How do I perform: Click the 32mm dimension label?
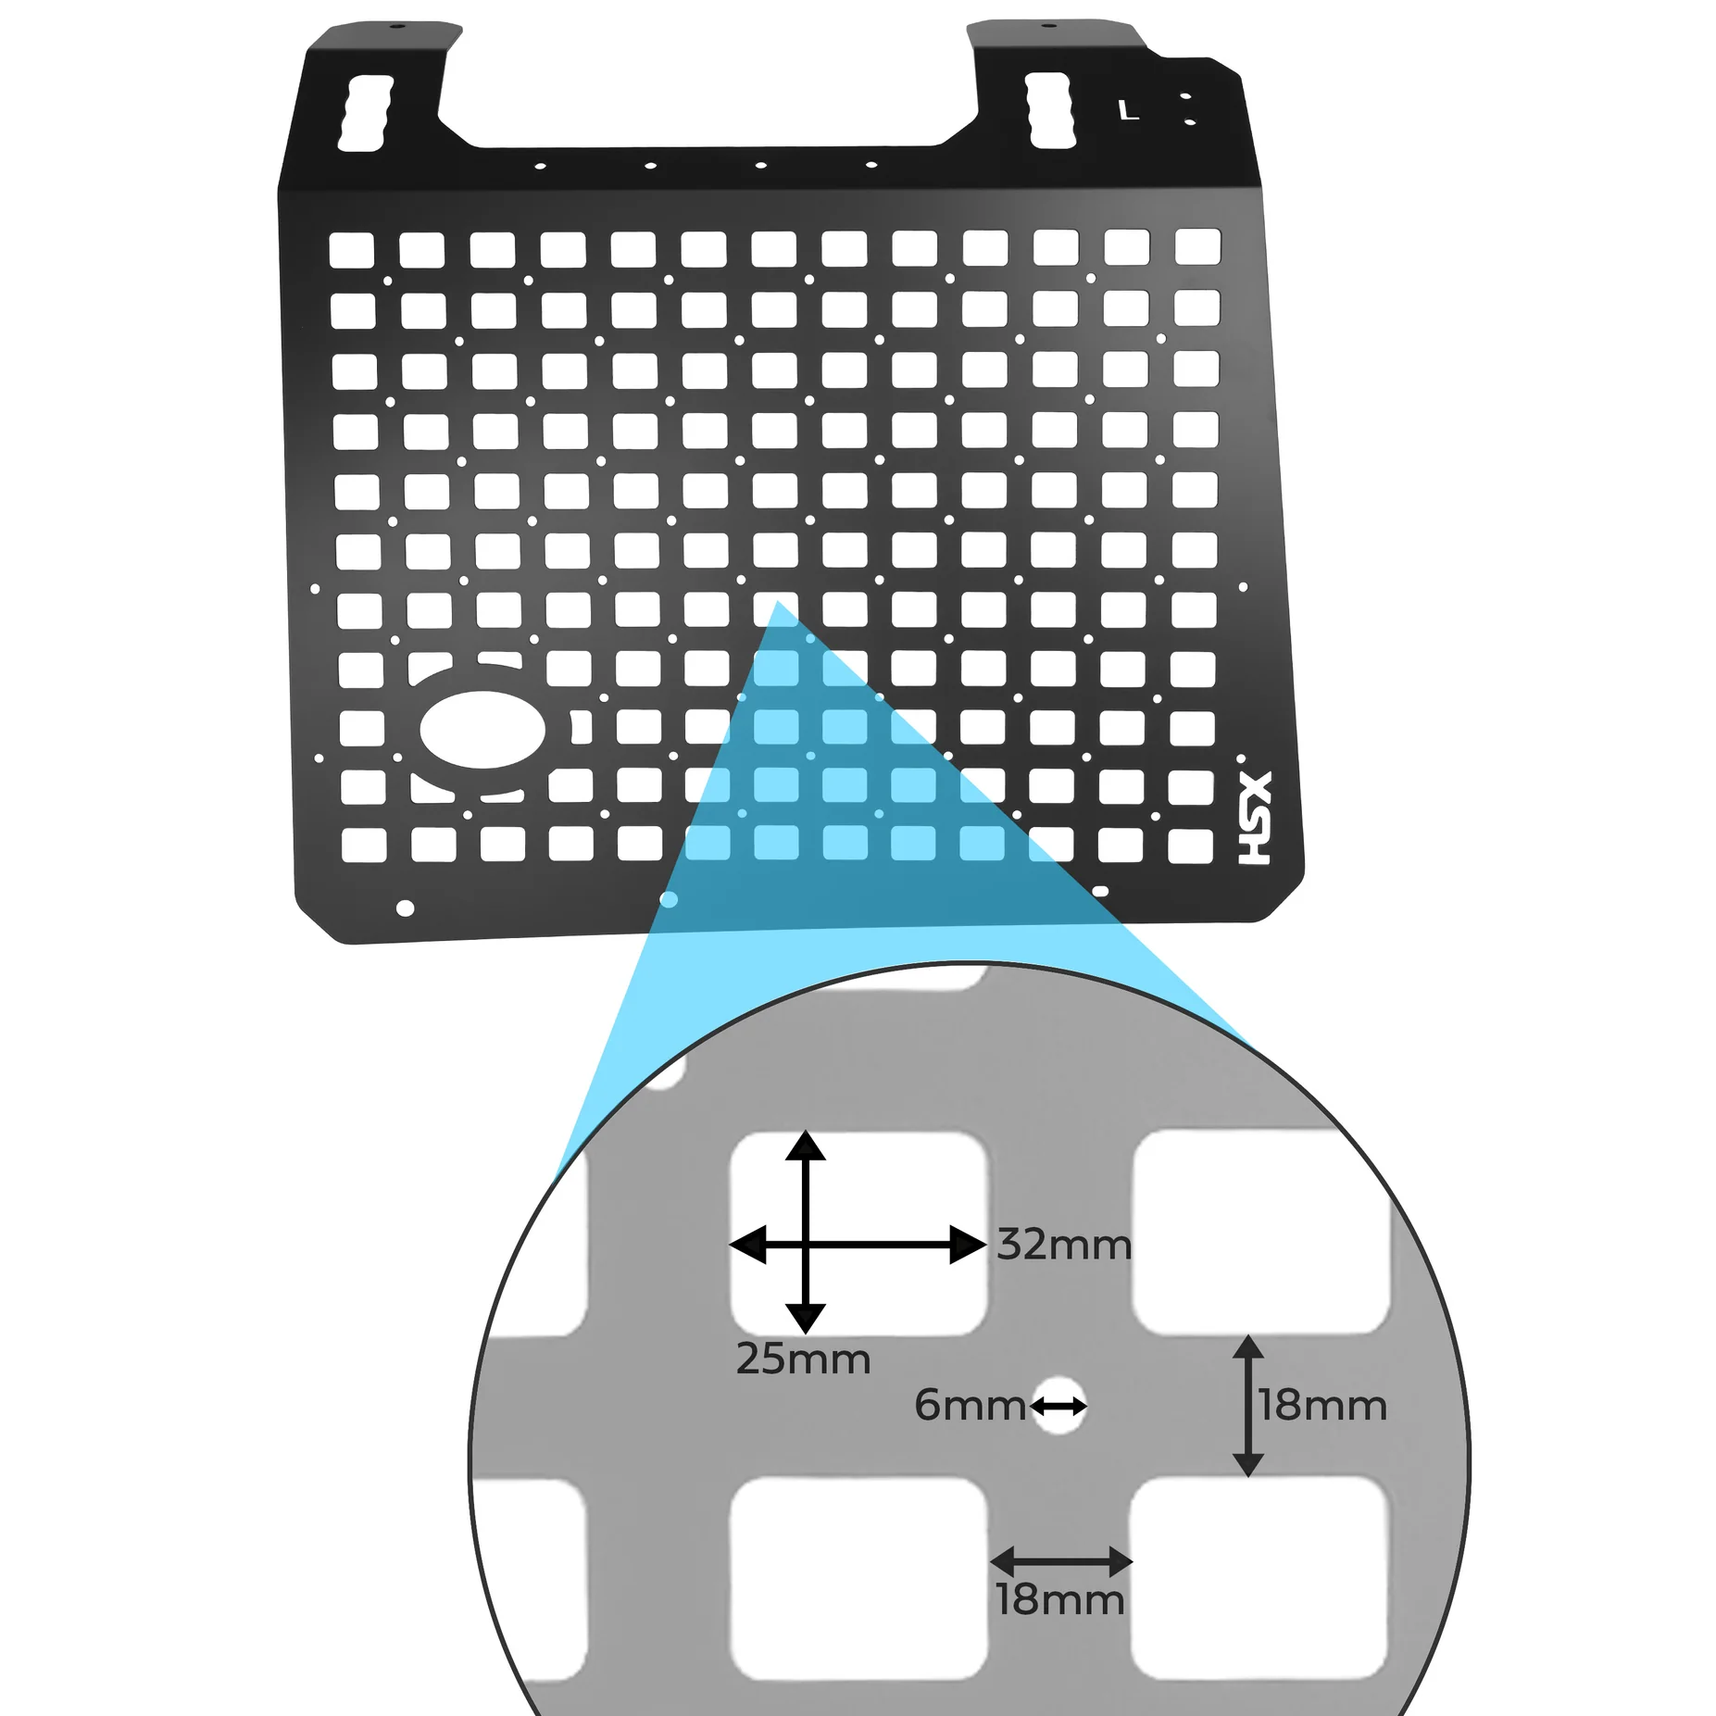[x=1064, y=1246]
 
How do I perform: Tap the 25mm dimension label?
[x=803, y=1359]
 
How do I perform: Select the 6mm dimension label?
[x=970, y=1406]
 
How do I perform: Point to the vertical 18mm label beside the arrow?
[x=1322, y=1406]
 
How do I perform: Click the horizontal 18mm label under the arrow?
[x=1060, y=1599]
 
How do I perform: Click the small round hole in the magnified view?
[x=1058, y=1406]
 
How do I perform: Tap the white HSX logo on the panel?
[x=1256, y=819]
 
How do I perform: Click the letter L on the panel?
[x=1128, y=111]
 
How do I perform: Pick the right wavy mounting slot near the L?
[x=1053, y=111]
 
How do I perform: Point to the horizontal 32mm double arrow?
[x=858, y=1246]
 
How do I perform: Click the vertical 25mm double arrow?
[x=805, y=1232]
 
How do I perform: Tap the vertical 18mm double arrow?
[x=1248, y=1406]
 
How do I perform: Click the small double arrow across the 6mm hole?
[x=1058, y=1407]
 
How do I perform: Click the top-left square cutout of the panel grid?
[x=352, y=250]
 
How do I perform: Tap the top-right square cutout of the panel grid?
[x=1197, y=247]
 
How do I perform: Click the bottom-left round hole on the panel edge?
[x=405, y=908]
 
